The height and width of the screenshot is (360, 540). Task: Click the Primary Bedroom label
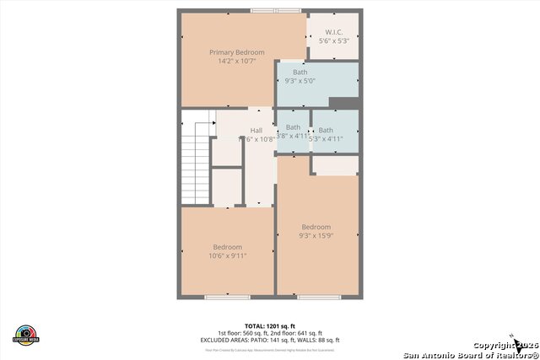click(236, 52)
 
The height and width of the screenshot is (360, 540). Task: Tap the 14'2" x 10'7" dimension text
click(236, 61)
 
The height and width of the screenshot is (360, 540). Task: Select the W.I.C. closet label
click(334, 32)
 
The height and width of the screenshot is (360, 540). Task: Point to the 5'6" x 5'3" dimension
click(334, 40)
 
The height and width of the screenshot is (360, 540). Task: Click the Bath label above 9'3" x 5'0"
click(300, 73)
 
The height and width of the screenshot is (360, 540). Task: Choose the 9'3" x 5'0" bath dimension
click(300, 81)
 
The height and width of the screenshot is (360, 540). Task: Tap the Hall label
click(256, 131)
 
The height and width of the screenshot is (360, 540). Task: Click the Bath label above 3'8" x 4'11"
click(293, 128)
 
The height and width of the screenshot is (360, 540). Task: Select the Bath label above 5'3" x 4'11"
click(326, 130)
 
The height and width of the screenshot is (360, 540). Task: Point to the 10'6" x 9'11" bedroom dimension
click(228, 255)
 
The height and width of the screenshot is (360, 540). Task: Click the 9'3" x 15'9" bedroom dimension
click(316, 236)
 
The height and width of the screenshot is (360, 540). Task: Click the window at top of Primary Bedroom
click(276, 11)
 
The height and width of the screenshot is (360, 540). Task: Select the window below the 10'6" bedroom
click(227, 297)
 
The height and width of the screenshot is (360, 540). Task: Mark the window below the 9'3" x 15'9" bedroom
click(319, 297)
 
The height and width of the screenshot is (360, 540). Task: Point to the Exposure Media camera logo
click(26, 335)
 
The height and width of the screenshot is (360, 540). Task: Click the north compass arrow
click(512, 338)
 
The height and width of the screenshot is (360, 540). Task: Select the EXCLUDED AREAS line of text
click(269, 340)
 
